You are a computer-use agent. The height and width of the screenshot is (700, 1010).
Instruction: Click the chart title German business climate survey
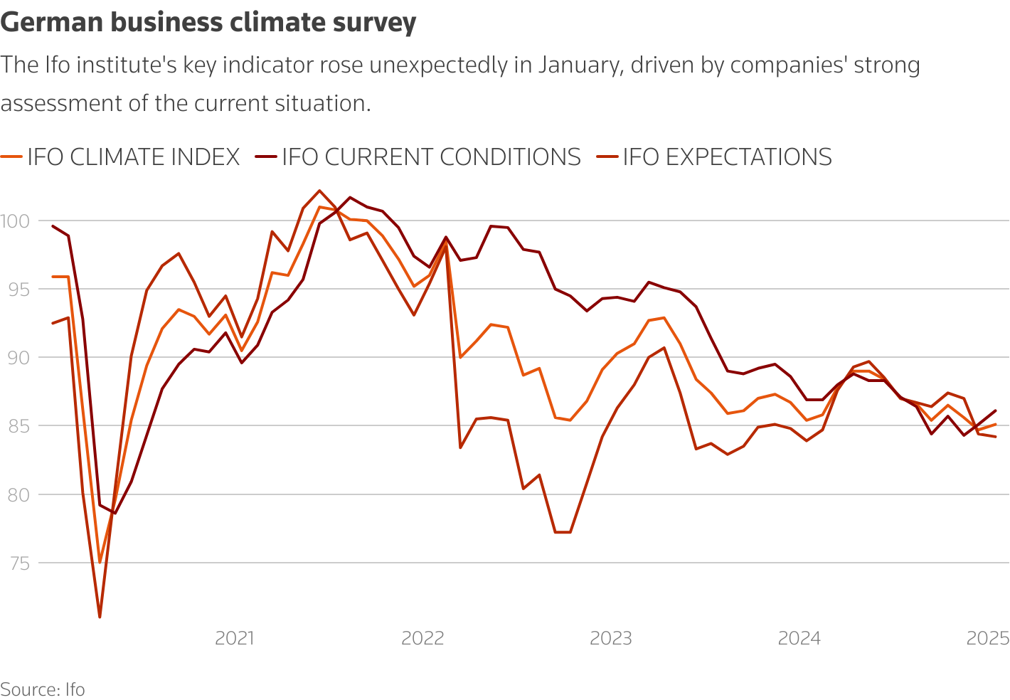(208, 23)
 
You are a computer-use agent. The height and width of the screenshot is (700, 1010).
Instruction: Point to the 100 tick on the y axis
(15, 221)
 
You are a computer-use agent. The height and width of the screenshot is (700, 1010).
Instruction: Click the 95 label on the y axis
(15, 290)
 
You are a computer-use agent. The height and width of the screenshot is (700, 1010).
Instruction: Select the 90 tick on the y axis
(15, 358)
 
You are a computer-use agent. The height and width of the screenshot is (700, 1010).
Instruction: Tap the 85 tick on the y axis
(15, 426)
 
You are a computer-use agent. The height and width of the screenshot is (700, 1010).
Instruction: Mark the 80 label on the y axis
(15, 494)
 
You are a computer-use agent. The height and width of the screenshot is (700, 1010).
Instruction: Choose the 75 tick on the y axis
(15, 563)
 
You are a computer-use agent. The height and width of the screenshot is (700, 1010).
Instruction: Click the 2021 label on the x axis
(235, 638)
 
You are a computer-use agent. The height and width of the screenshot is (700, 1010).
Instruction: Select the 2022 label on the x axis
(422, 638)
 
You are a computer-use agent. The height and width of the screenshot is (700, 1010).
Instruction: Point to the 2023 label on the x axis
(611, 638)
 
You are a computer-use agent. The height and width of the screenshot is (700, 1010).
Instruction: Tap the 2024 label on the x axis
(799, 638)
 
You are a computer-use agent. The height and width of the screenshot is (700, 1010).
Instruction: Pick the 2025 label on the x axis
(988, 638)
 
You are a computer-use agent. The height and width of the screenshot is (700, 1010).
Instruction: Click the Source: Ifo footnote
(43, 689)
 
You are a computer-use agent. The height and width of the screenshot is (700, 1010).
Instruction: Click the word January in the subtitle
(578, 65)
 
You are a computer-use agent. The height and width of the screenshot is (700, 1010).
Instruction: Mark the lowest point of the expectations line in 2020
(100, 617)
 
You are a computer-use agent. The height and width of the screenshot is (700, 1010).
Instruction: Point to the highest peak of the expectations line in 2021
(319, 191)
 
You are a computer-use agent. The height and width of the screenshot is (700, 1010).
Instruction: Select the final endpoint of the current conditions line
(995, 410)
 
